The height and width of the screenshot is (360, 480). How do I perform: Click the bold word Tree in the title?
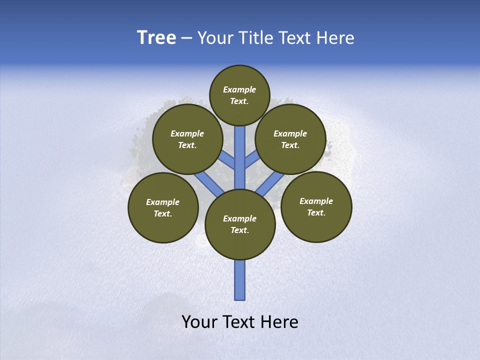156,38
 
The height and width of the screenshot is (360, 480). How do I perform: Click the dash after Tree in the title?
186,38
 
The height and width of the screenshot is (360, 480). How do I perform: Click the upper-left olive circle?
187,139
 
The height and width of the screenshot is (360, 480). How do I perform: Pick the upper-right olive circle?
290,139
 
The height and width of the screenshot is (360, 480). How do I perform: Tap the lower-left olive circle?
163,208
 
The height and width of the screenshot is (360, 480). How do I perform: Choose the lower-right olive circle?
316,207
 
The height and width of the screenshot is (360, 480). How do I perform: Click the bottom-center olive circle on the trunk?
240,224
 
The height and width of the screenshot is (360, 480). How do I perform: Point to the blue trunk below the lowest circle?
240,280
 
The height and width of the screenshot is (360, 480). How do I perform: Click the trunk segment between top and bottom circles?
240,157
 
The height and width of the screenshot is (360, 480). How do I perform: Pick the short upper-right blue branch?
252,159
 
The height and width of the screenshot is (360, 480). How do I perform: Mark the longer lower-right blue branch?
270,184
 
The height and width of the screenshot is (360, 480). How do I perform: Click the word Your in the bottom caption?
199,321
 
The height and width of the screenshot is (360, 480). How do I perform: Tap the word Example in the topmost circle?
239,90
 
